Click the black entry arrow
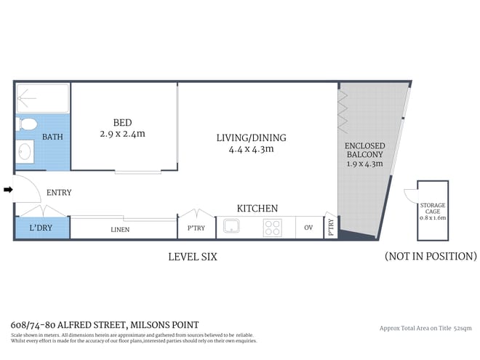click(8, 190)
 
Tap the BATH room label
click(52, 137)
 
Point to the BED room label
click(122, 122)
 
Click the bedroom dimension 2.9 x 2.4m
click(122, 134)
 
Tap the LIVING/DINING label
click(251, 137)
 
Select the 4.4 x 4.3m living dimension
click(251, 150)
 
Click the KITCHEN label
click(257, 209)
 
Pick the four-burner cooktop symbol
click(272, 228)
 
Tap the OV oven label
click(308, 228)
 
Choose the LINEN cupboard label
click(120, 230)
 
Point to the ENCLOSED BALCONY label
click(364, 151)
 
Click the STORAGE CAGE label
click(432, 209)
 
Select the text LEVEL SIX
click(193, 257)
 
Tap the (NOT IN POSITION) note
click(431, 257)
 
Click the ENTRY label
click(58, 193)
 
